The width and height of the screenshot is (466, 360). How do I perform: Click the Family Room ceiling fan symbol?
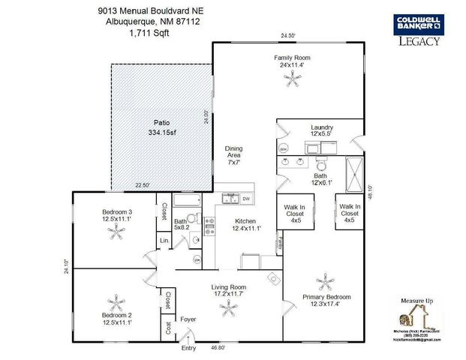click(x=290, y=82)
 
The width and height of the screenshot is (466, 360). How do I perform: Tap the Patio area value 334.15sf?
click(x=161, y=133)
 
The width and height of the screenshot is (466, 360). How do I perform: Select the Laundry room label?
click(x=321, y=127)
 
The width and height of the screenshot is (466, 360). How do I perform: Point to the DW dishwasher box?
click(x=246, y=199)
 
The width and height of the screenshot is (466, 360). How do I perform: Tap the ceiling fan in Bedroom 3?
click(x=117, y=234)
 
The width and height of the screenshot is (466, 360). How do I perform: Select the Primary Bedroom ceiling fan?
click(x=324, y=282)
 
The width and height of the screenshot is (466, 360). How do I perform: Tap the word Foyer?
click(x=188, y=319)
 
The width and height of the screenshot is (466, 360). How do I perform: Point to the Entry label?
click(x=188, y=348)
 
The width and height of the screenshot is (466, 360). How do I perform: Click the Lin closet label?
click(x=163, y=240)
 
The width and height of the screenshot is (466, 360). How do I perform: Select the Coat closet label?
click(x=167, y=328)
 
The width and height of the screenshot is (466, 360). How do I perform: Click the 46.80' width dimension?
click(x=219, y=348)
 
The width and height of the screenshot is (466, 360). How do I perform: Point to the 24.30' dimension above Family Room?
click(x=288, y=35)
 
